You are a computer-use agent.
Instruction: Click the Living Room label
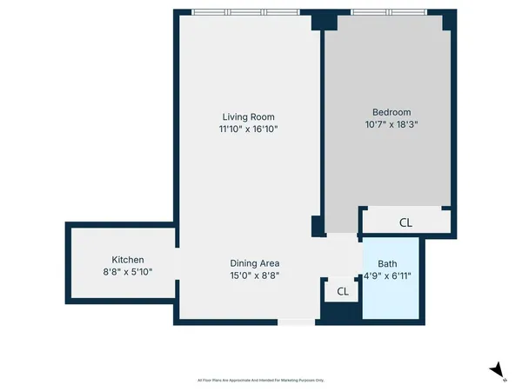tap(243, 116)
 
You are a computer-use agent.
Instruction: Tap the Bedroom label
tap(391, 112)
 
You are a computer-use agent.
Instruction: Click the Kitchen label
tap(127, 260)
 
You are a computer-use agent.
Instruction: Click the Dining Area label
tap(254, 263)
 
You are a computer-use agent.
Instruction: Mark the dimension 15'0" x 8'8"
tap(254, 275)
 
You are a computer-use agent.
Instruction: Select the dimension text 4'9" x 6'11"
tap(391, 277)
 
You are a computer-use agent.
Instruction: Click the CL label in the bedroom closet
tap(405, 222)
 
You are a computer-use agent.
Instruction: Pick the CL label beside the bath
tap(342, 292)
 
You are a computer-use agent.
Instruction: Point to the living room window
tap(245, 12)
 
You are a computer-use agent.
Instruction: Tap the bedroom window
tap(389, 12)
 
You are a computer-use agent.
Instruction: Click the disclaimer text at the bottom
tap(260, 381)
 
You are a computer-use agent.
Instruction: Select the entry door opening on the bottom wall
tap(296, 322)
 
